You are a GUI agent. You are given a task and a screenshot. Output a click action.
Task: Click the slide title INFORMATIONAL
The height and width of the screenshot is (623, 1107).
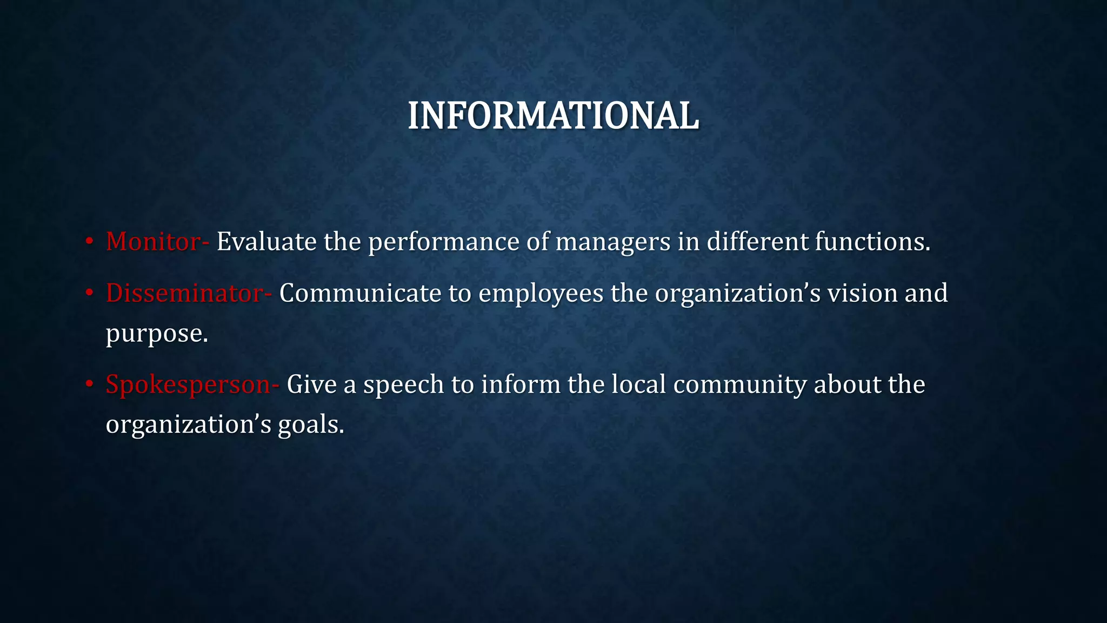pyautogui.click(x=553, y=116)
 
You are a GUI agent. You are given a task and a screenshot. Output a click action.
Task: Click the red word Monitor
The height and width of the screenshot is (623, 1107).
pyautogui.click(x=153, y=241)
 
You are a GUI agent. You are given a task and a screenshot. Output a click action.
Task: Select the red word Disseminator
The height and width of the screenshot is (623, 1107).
pyautogui.click(x=184, y=293)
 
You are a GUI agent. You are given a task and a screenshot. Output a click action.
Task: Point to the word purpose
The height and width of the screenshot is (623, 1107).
pyautogui.click(x=156, y=334)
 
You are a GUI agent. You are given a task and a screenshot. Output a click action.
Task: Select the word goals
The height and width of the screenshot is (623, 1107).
pyautogui.click(x=310, y=425)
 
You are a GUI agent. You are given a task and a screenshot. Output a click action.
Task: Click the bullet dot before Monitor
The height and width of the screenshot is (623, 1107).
pyautogui.click(x=90, y=241)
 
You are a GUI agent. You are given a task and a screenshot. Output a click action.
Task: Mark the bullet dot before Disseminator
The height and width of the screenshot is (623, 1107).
pyautogui.click(x=90, y=293)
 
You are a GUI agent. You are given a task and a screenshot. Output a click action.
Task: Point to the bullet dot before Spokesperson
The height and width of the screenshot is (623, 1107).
pyautogui.click(x=90, y=384)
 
